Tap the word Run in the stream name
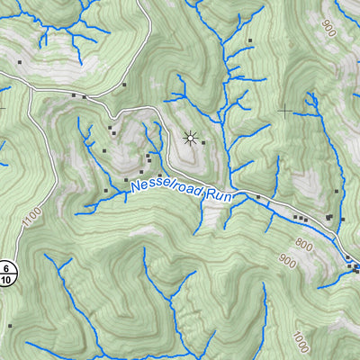pyautogui.click(x=220, y=195)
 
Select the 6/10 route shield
pyautogui.click(x=7, y=274)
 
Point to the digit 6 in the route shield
pyautogui.click(x=7, y=268)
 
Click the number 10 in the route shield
pyautogui.click(x=7, y=280)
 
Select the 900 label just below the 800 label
pyautogui.click(x=287, y=262)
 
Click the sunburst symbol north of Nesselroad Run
pyautogui.click(x=189, y=138)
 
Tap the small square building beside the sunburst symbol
pyautogui.click(x=203, y=142)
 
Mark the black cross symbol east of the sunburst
pyautogui.click(x=285, y=111)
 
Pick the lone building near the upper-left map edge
pyautogui.click(x=18, y=62)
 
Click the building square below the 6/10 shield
pyautogui.click(x=10, y=325)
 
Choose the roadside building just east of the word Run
pyautogui.click(x=258, y=196)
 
